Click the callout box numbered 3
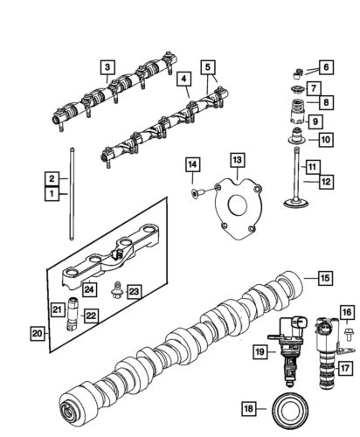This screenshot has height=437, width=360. [x=107, y=66]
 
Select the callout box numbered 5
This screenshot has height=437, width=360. [x=208, y=66]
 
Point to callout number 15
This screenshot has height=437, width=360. [x=324, y=279]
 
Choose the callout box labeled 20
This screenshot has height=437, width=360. [x=37, y=332]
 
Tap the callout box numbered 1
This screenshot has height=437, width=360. [x=52, y=191]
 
